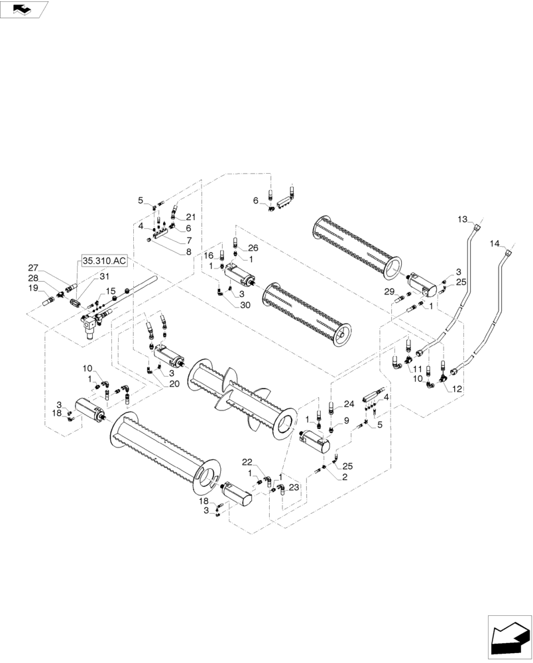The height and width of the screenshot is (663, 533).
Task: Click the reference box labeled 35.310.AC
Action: point(104,261)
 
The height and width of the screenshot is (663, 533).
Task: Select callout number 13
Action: point(463,219)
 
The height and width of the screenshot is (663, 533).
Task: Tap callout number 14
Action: point(495,244)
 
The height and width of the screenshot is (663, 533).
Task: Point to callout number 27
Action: point(33,267)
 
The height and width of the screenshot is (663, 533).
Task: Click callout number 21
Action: point(191,217)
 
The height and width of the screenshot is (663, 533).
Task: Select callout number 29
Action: point(390,292)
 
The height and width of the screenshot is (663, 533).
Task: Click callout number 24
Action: point(349,403)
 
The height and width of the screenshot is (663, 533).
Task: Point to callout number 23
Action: point(294,487)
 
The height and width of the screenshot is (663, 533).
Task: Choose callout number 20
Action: point(174,384)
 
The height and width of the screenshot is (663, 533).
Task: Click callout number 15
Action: point(111,291)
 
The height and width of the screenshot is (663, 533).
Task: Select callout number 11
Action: point(418,369)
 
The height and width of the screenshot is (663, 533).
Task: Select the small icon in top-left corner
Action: point(24,9)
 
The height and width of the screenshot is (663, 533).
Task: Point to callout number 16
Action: point(208,255)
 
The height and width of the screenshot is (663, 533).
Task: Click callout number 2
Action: point(345,477)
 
